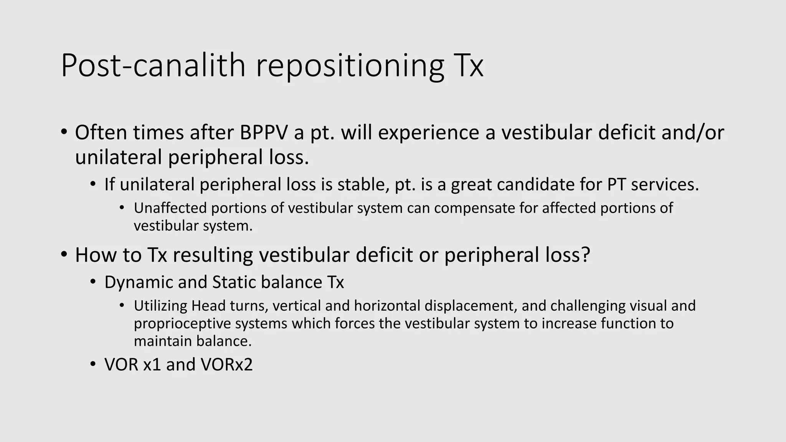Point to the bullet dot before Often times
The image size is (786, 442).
click(x=64, y=132)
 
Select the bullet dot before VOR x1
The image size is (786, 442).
click(x=92, y=364)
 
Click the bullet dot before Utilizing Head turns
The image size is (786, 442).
click(x=122, y=306)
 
